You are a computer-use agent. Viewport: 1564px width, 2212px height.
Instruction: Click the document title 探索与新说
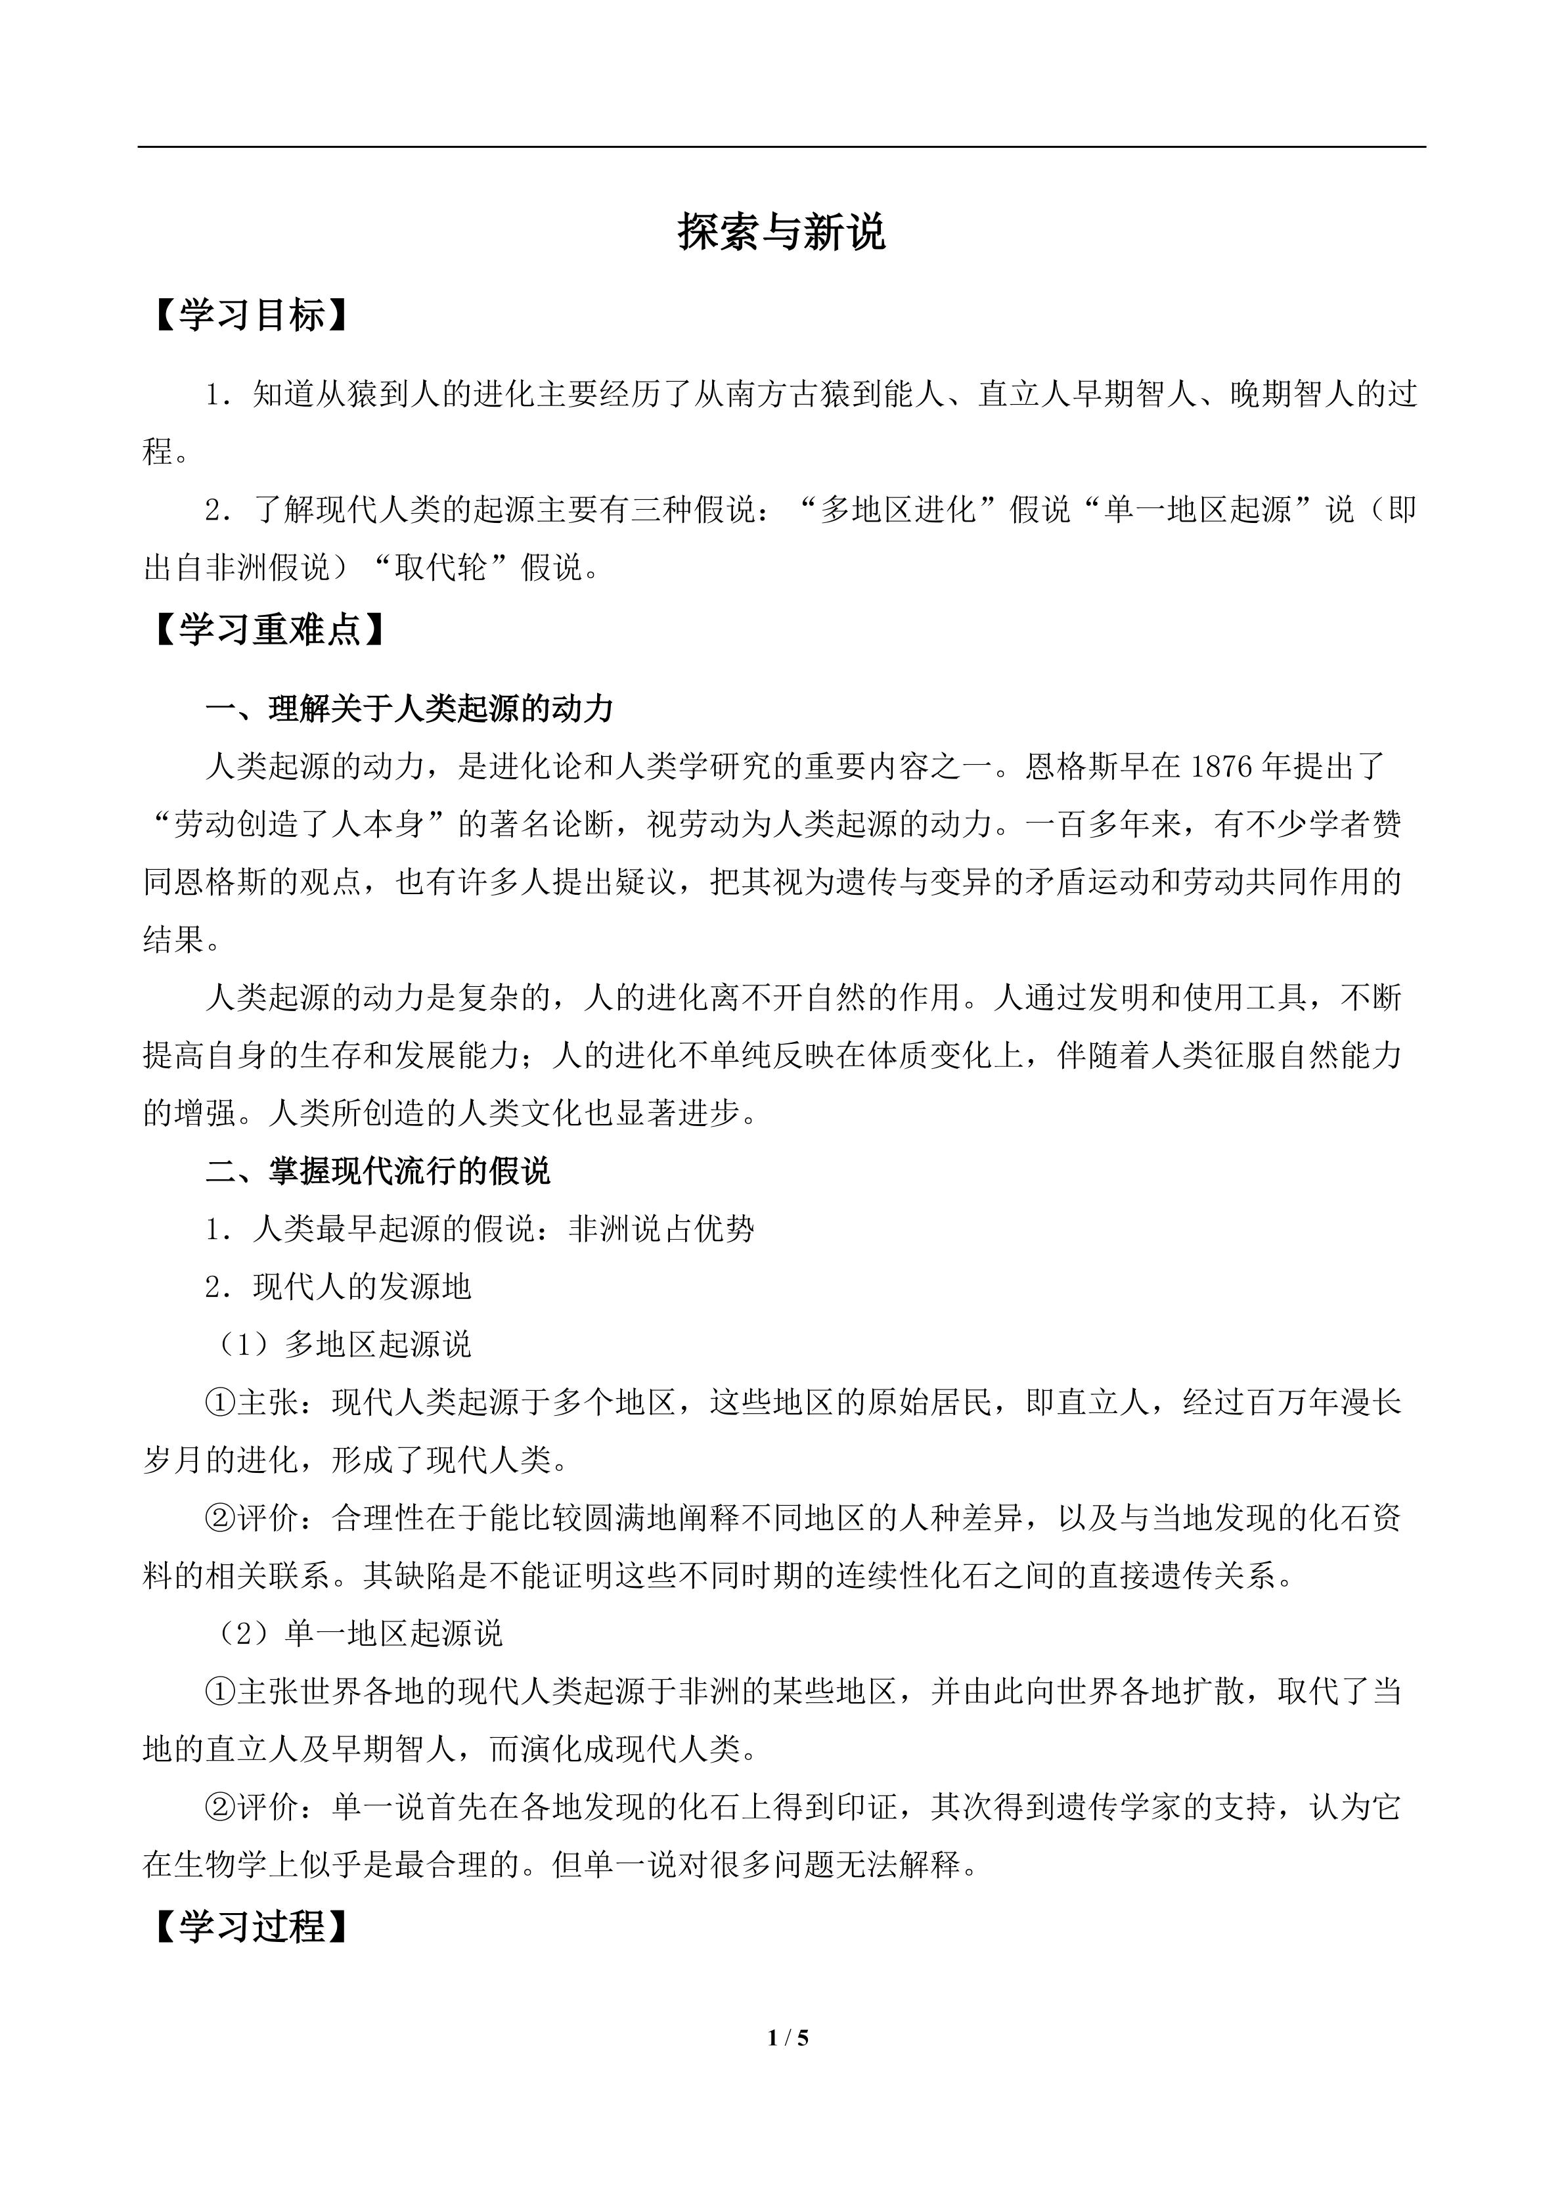click(781, 232)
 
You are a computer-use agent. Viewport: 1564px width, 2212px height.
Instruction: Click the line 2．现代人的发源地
click(338, 1287)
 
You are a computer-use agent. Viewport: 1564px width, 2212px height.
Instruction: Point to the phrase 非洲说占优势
click(661, 1229)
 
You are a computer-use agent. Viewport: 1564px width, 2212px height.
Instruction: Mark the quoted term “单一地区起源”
click(1198, 510)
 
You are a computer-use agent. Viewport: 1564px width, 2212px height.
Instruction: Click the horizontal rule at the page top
click(781, 147)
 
